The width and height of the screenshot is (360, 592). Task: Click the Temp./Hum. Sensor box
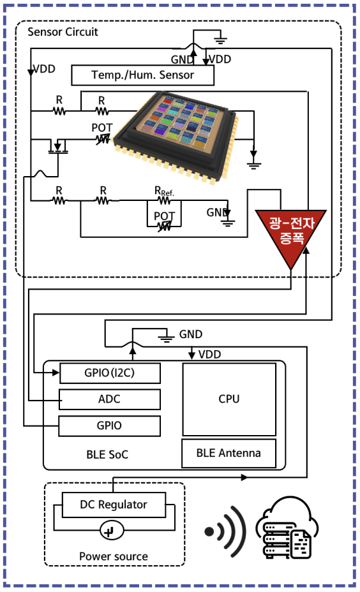143,75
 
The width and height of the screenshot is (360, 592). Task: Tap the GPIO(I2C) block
110,373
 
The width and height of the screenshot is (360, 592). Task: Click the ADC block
110,399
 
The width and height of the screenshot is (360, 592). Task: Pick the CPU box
229,399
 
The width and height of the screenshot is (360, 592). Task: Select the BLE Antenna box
229,453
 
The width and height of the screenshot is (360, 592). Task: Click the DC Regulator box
114,505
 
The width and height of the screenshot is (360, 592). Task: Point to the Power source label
114,556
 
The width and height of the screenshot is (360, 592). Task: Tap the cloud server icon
287,528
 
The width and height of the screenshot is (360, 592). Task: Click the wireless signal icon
225,531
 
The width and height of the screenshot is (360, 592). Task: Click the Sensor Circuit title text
63,32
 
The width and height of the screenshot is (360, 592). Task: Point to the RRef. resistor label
164,191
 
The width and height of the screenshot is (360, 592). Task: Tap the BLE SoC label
107,455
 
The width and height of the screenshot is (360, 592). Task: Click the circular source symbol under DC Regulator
112,531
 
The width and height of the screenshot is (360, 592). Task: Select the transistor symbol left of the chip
58,147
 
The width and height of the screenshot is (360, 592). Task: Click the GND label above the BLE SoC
191,334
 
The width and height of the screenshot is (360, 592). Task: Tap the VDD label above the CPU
209,355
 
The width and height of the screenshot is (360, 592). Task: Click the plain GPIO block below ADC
110,426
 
